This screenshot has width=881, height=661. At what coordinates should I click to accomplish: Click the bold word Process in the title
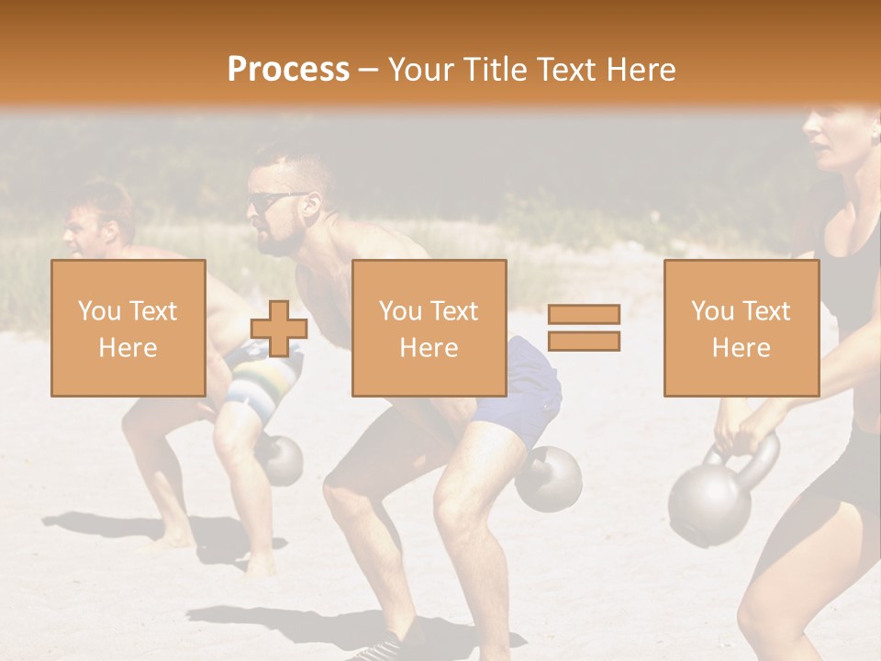point(288,69)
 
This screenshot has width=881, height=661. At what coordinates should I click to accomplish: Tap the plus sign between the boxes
point(279,328)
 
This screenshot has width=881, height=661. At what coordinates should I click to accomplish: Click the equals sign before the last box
point(584,328)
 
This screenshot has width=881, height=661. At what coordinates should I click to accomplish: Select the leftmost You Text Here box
point(128,328)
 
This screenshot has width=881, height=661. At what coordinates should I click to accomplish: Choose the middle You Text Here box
point(429,328)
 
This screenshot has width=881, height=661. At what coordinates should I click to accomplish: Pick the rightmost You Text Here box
point(741,328)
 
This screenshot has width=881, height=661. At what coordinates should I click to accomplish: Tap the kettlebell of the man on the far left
point(281,460)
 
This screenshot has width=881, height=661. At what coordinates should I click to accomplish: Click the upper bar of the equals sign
point(584,314)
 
